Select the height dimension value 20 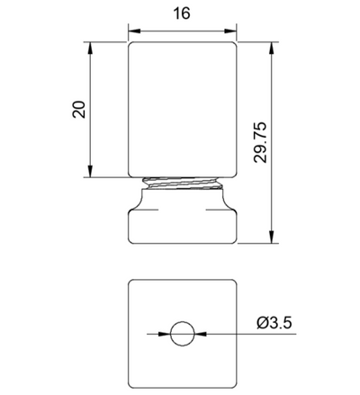[x=78, y=109]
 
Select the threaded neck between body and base [x=184, y=184]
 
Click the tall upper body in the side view [x=184, y=108]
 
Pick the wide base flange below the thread [x=184, y=220]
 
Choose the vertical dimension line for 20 [x=91, y=144]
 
